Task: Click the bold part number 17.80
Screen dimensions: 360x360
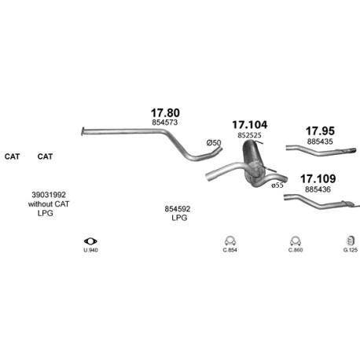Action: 165,113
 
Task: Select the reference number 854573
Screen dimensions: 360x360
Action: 165,123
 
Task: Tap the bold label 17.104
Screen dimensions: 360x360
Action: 250,125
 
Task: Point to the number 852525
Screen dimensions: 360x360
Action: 249,135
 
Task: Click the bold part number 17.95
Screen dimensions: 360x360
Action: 320,130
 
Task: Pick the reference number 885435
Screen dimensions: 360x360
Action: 320,141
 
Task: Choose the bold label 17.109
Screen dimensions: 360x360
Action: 318,178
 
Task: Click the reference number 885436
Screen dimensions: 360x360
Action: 318,189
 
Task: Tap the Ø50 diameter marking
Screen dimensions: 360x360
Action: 214,143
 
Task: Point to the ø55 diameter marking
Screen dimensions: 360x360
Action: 277,186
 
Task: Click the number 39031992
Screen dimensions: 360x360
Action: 49,195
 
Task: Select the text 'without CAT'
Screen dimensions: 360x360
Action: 49,204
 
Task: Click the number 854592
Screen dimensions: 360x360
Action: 178,209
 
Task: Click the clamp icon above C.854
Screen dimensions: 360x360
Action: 230,241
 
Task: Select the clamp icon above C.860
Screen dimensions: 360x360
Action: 296,241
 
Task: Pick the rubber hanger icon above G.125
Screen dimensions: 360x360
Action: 351,241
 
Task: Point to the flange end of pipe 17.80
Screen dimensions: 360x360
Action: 83,131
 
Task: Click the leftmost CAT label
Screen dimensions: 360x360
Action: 12,156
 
